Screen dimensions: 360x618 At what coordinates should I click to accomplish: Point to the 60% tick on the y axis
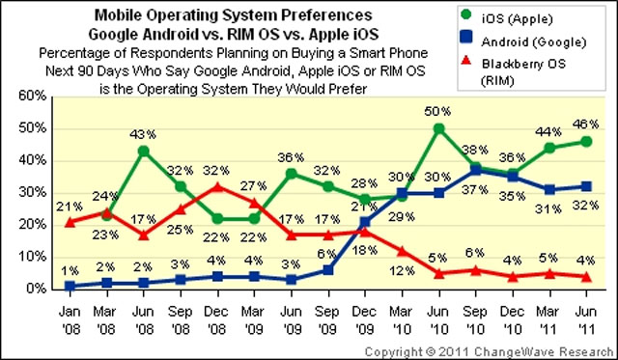click(x=33, y=97)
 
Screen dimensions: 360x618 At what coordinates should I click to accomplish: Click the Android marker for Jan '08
click(x=69, y=286)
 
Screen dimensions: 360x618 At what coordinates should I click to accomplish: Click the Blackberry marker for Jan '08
click(x=69, y=222)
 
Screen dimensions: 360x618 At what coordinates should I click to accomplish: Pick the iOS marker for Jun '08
click(x=144, y=151)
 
